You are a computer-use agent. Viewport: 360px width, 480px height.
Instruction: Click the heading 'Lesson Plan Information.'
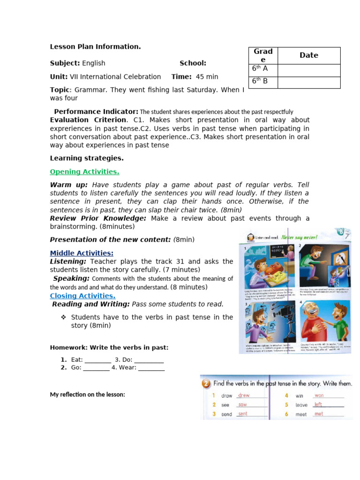(95, 46)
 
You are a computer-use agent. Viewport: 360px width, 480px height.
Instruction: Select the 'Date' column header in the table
(309, 55)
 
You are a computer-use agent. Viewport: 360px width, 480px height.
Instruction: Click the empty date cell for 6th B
(309, 82)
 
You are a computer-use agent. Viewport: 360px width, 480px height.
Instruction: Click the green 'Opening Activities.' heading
(84, 172)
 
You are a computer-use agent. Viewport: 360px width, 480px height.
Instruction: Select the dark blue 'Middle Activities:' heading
(82, 253)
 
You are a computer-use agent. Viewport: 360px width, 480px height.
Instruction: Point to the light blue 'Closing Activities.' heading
(82, 296)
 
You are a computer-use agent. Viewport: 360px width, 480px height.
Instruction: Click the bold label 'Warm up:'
(69, 185)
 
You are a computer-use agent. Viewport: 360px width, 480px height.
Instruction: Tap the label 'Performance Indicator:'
(96, 112)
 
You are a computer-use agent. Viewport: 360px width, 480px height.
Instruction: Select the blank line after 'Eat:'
(98, 360)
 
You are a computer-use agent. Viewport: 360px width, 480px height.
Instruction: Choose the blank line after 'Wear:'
(151, 368)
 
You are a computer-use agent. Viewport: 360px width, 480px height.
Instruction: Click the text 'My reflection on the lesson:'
(88, 395)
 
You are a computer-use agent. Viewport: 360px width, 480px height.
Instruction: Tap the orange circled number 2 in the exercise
(206, 383)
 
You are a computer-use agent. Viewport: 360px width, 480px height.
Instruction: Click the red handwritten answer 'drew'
(244, 396)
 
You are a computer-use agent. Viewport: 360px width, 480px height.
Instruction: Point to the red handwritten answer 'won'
(319, 396)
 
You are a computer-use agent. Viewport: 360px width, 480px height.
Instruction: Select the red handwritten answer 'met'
(319, 414)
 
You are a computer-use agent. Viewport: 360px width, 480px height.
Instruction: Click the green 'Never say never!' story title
(300, 237)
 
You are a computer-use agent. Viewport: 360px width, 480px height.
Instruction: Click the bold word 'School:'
(193, 63)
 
